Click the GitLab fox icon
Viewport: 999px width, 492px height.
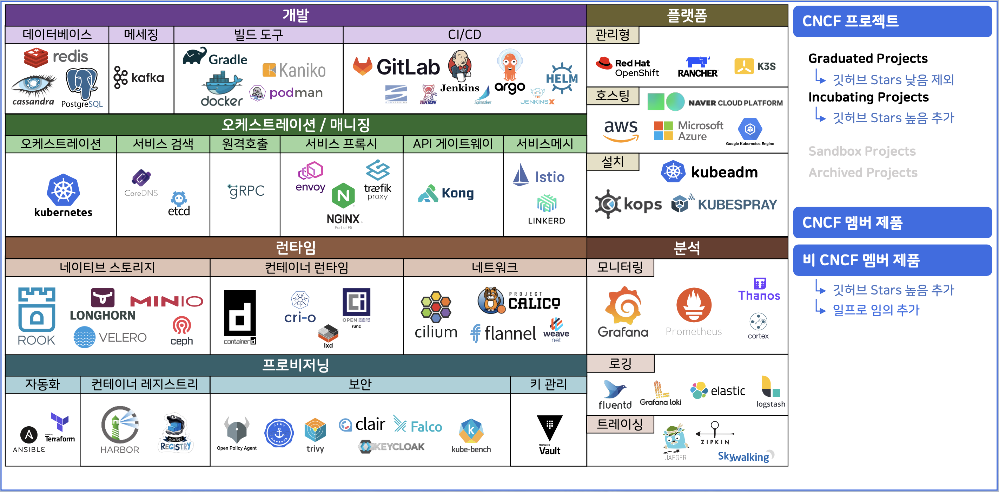coord(363,66)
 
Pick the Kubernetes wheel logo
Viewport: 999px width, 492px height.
coord(63,190)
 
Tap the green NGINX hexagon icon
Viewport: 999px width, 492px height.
coord(343,195)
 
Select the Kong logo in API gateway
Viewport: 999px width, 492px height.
coord(446,193)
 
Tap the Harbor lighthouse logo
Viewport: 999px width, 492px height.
coord(120,425)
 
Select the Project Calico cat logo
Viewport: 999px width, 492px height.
coord(491,300)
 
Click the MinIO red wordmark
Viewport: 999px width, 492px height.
coord(166,301)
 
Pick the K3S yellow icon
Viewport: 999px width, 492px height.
coord(744,66)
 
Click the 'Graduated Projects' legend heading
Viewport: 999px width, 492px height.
coord(868,58)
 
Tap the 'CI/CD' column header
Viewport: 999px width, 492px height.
coord(464,34)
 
